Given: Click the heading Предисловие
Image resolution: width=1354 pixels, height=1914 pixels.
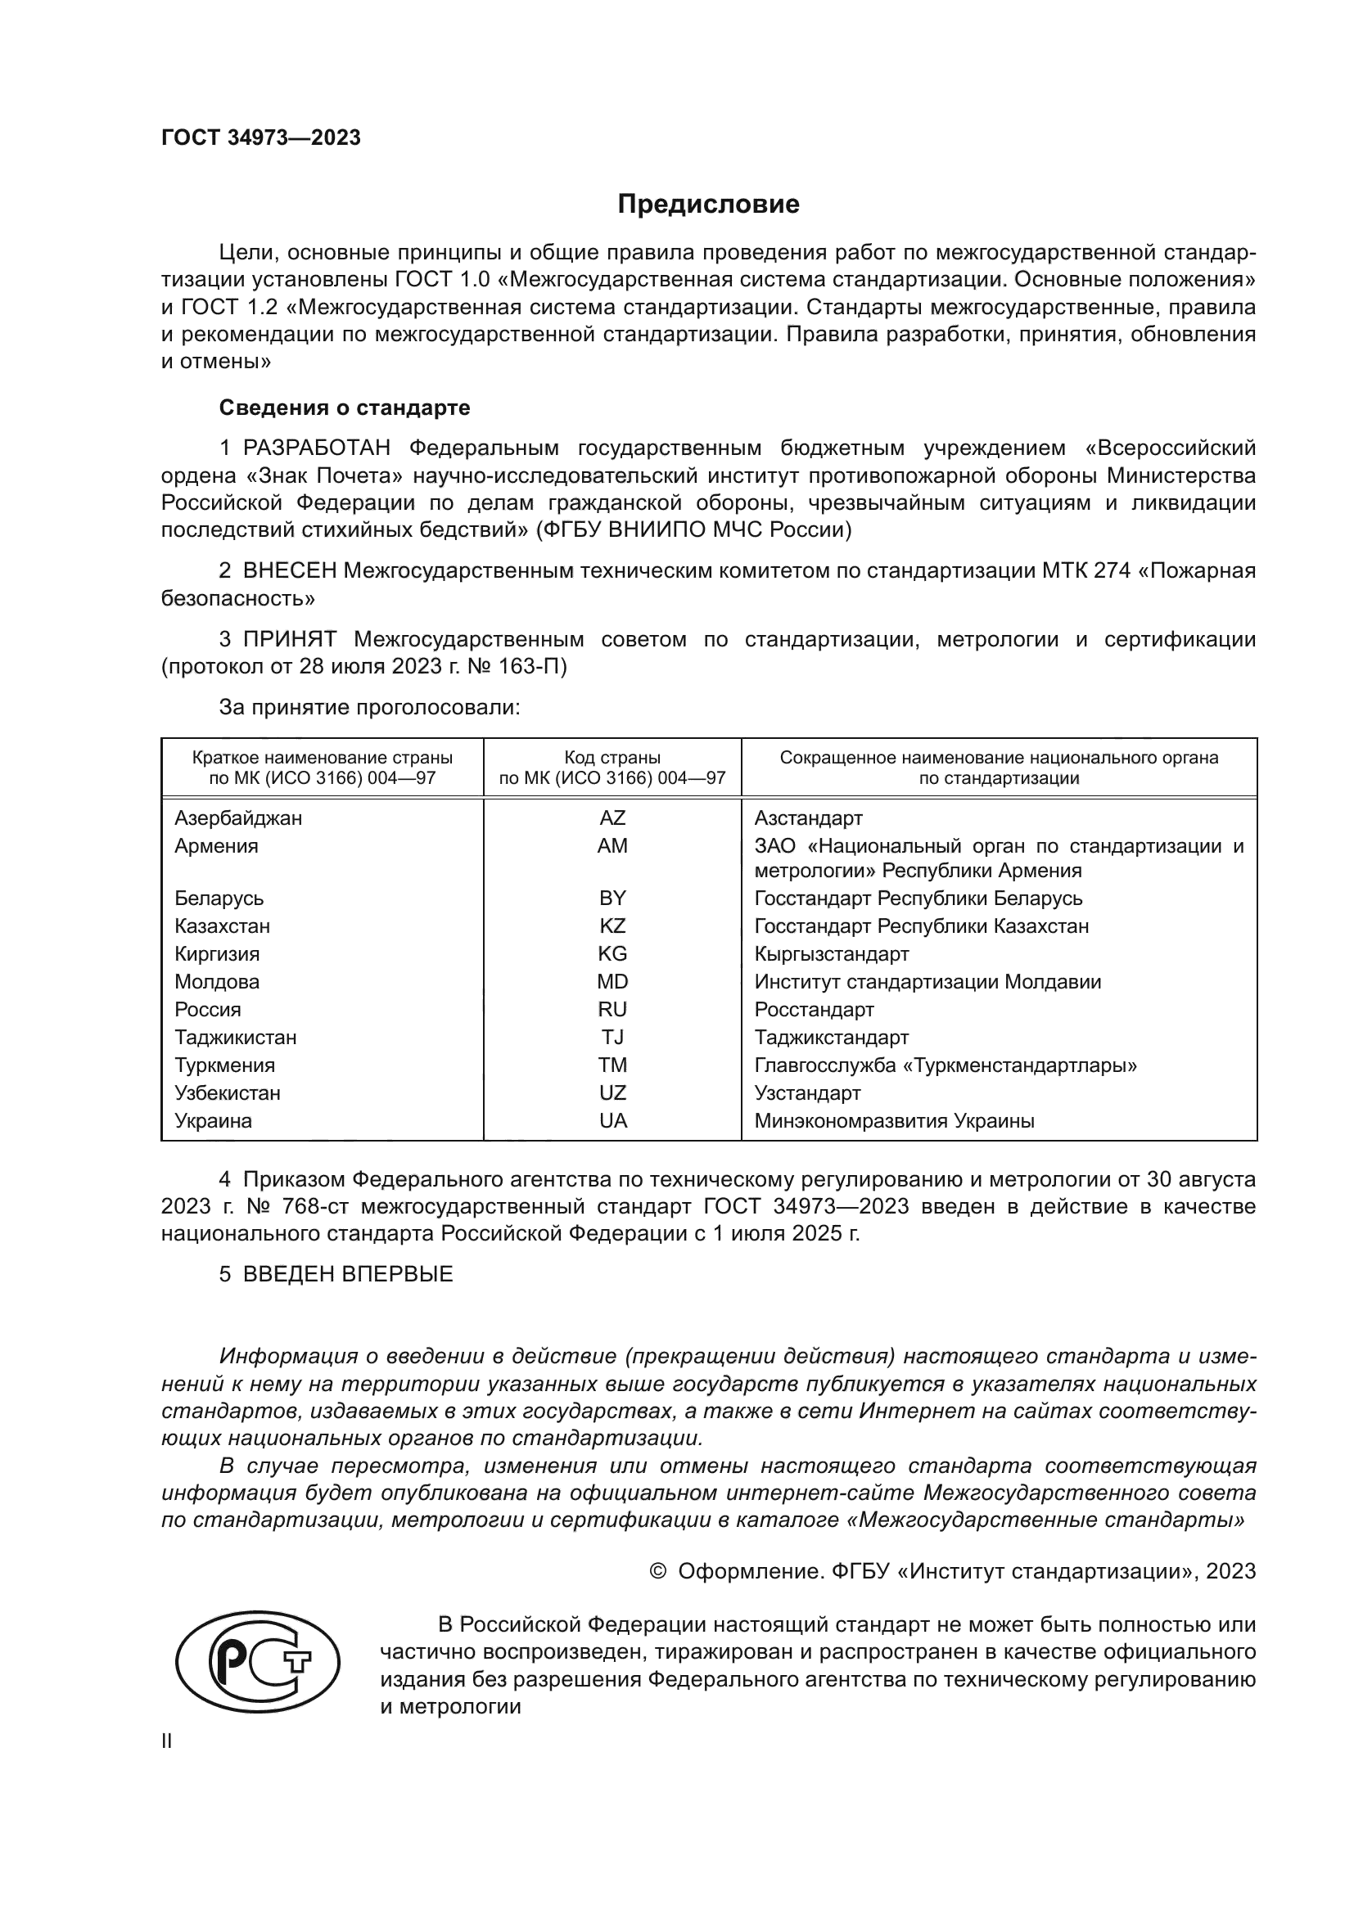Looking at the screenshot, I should click(x=708, y=205).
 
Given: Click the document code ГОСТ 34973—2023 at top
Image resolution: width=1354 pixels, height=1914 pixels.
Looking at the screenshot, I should click(x=261, y=137).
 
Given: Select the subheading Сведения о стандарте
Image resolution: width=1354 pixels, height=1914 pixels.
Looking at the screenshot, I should click(x=345, y=408).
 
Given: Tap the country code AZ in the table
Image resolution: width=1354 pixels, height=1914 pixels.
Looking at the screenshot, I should click(x=612, y=817).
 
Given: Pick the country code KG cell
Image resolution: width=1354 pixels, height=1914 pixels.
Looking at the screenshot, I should click(x=612, y=953).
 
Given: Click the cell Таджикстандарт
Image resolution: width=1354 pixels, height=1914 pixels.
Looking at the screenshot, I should click(x=831, y=1037).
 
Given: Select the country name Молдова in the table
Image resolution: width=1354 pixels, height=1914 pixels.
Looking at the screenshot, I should click(x=217, y=982).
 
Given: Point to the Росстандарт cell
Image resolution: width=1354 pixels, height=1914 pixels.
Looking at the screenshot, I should click(x=814, y=1010).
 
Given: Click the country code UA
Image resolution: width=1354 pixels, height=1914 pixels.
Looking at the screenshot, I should click(x=612, y=1121).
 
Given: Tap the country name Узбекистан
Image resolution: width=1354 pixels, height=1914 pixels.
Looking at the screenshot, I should click(x=227, y=1093).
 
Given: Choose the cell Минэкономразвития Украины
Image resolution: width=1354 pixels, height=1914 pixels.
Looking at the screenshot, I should click(x=894, y=1121).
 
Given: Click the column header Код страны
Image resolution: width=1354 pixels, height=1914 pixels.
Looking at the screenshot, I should click(x=612, y=758).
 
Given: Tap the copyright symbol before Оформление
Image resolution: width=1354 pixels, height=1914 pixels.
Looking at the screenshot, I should click(x=658, y=1571).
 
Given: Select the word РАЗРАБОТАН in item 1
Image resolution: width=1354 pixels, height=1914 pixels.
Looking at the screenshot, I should click(x=317, y=448).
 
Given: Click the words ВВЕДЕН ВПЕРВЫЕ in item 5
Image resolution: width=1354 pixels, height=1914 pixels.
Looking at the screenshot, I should click(x=348, y=1274).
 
